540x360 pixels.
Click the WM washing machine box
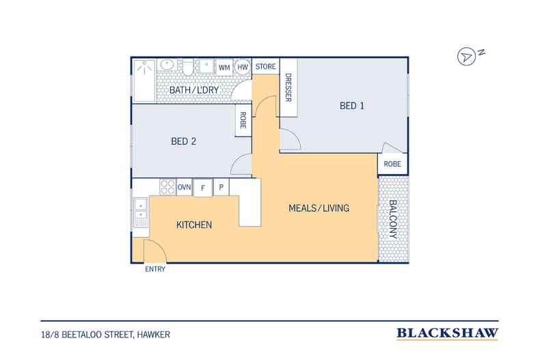pyautogui.click(x=224, y=67)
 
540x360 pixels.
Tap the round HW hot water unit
pyautogui.click(x=243, y=67)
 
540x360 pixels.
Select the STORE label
pyautogui.click(x=265, y=66)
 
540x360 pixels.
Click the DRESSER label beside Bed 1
pyautogui.click(x=288, y=87)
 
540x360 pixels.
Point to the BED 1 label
pyautogui.click(x=351, y=106)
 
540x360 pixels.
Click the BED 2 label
pyautogui.click(x=183, y=141)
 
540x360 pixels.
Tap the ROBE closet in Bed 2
pyautogui.click(x=243, y=120)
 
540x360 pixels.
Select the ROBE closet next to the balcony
pyautogui.click(x=392, y=164)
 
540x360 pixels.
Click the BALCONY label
pyautogui.click(x=393, y=219)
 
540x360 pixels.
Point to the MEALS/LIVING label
pyautogui.click(x=319, y=208)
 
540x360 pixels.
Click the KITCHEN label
pyautogui.click(x=194, y=225)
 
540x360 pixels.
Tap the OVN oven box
pyautogui.click(x=185, y=187)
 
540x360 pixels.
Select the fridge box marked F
pyautogui.click(x=203, y=188)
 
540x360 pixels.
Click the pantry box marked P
pyautogui.click(x=221, y=187)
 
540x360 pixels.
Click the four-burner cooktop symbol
pyautogui.click(x=167, y=187)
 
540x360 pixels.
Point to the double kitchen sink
pyautogui.click(x=141, y=212)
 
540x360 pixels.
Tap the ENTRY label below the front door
pyautogui.click(x=155, y=269)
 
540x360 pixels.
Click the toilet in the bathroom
pyautogui.click(x=188, y=68)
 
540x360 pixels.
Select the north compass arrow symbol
pyautogui.click(x=466, y=57)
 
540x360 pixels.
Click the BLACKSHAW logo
pyautogui.click(x=447, y=333)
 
